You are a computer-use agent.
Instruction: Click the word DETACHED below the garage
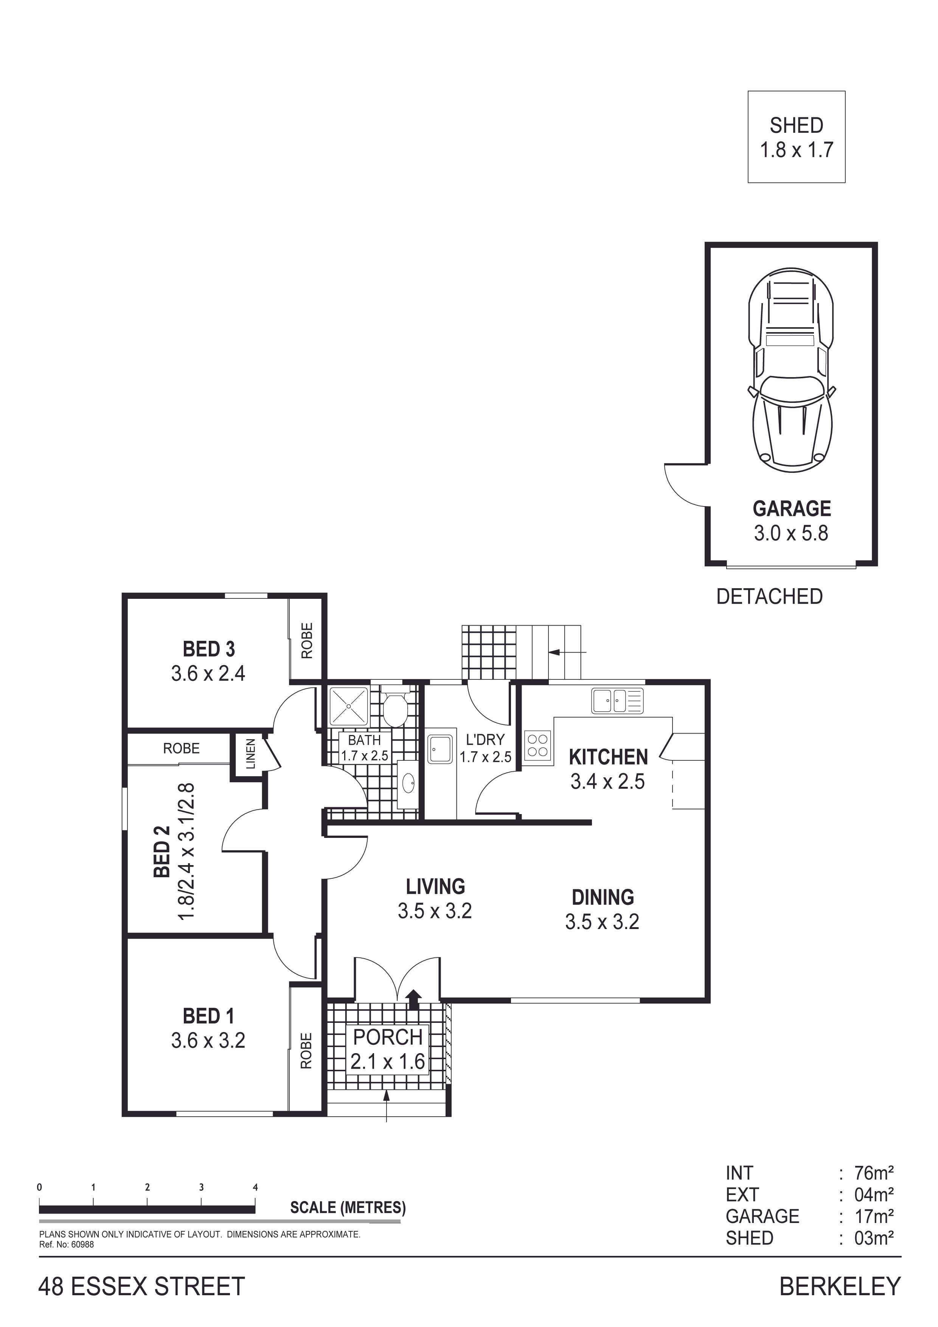[x=769, y=597]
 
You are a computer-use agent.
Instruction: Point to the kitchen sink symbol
[x=617, y=701]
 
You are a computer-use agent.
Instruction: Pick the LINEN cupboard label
[x=250, y=754]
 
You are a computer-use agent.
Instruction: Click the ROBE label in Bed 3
[x=307, y=640]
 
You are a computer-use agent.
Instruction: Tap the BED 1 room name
[x=209, y=1015]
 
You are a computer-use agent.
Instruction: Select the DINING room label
[x=603, y=897]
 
